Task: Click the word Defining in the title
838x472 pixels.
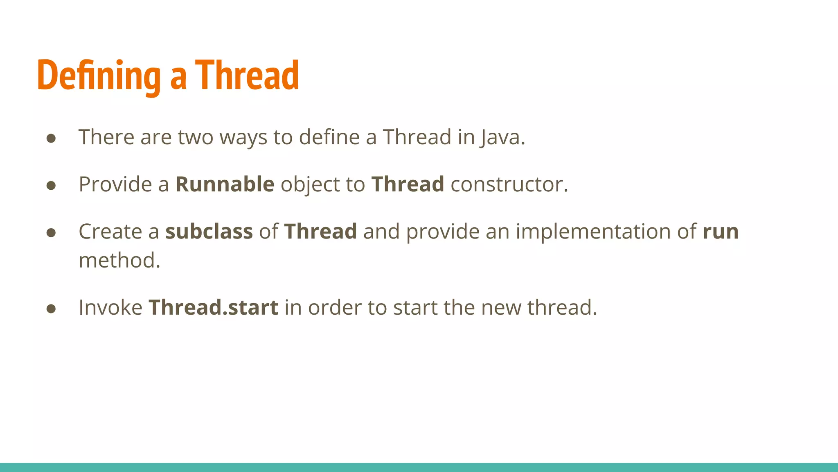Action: coord(99,75)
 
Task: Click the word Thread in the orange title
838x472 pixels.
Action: coord(247,75)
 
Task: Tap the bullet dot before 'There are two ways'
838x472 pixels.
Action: coord(51,138)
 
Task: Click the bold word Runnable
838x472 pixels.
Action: coord(225,184)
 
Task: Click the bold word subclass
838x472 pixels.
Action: coord(209,231)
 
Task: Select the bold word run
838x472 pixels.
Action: coord(721,231)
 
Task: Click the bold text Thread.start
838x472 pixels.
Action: coord(213,307)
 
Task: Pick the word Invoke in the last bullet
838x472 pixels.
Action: coord(110,307)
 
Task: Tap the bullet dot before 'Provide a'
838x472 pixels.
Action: coord(51,186)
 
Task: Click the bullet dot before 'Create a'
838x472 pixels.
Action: coord(51,233)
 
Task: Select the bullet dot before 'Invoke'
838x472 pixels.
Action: coord(51,309)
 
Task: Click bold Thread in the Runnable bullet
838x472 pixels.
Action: coord(408,184)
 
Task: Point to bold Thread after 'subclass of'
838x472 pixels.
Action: coord(320,231)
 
